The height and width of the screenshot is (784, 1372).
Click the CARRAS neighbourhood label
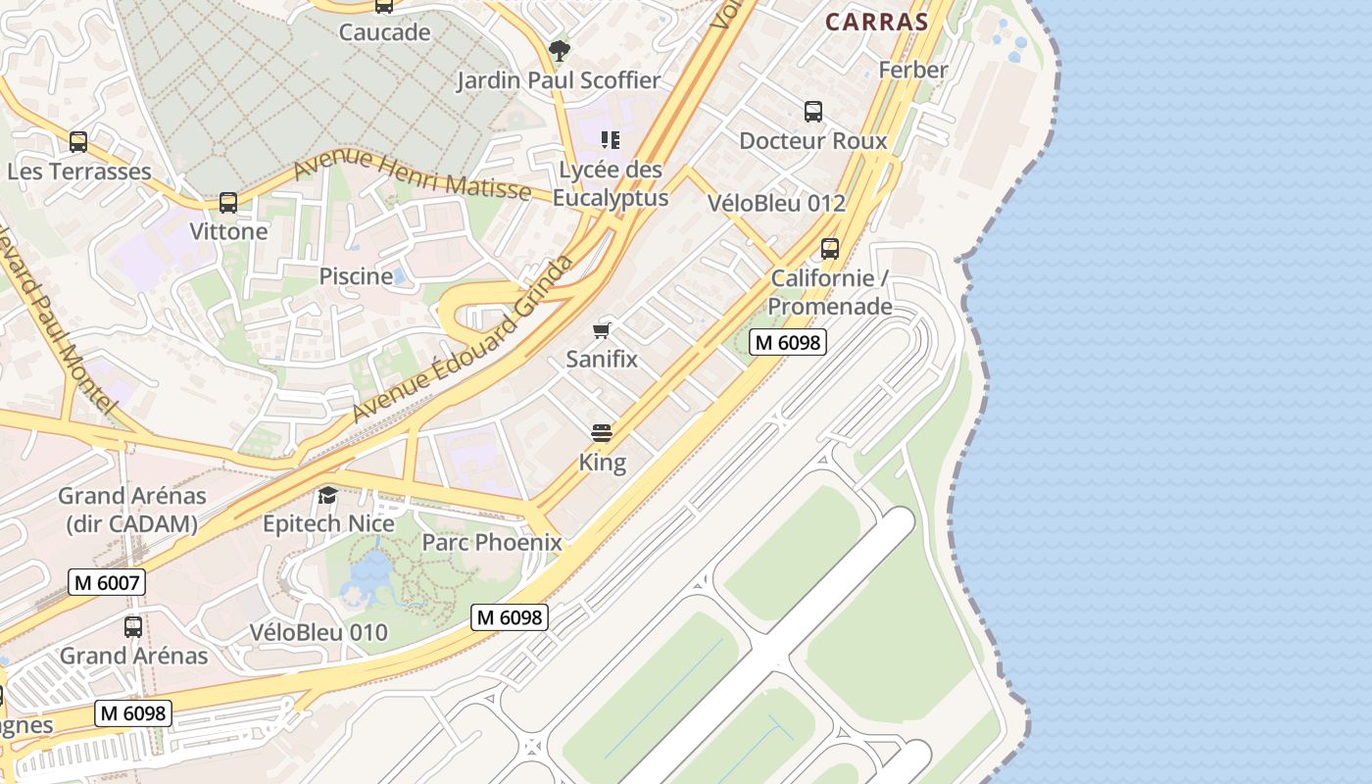click(876, 22)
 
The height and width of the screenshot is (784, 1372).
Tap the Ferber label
click(913, 70)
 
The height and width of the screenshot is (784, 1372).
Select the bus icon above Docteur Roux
click(813, 112)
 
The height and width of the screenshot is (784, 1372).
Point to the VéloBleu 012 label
click(776, 204)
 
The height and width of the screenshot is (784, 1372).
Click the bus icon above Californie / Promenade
click(830, 249)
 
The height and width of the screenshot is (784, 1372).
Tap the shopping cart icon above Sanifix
click(602, 330)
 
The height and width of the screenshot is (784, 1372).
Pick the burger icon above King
click(602, 433)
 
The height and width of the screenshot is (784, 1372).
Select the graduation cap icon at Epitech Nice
click(327, 495)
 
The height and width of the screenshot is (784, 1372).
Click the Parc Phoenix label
click(492, 542)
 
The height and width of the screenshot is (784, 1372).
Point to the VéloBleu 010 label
click(318, 632)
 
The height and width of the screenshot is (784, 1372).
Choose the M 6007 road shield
click(107, 583)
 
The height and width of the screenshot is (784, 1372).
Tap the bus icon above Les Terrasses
click(78, 142)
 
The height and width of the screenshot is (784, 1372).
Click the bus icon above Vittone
click(228, 203)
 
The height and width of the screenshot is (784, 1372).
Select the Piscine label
click(356, 276)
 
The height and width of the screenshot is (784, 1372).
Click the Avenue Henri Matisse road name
click(412, 173)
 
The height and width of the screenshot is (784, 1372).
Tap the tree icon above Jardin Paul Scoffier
click(559, 50)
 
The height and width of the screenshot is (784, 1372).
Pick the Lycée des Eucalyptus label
click(611, 183)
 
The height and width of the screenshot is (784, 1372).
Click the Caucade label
click(384, 32)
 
